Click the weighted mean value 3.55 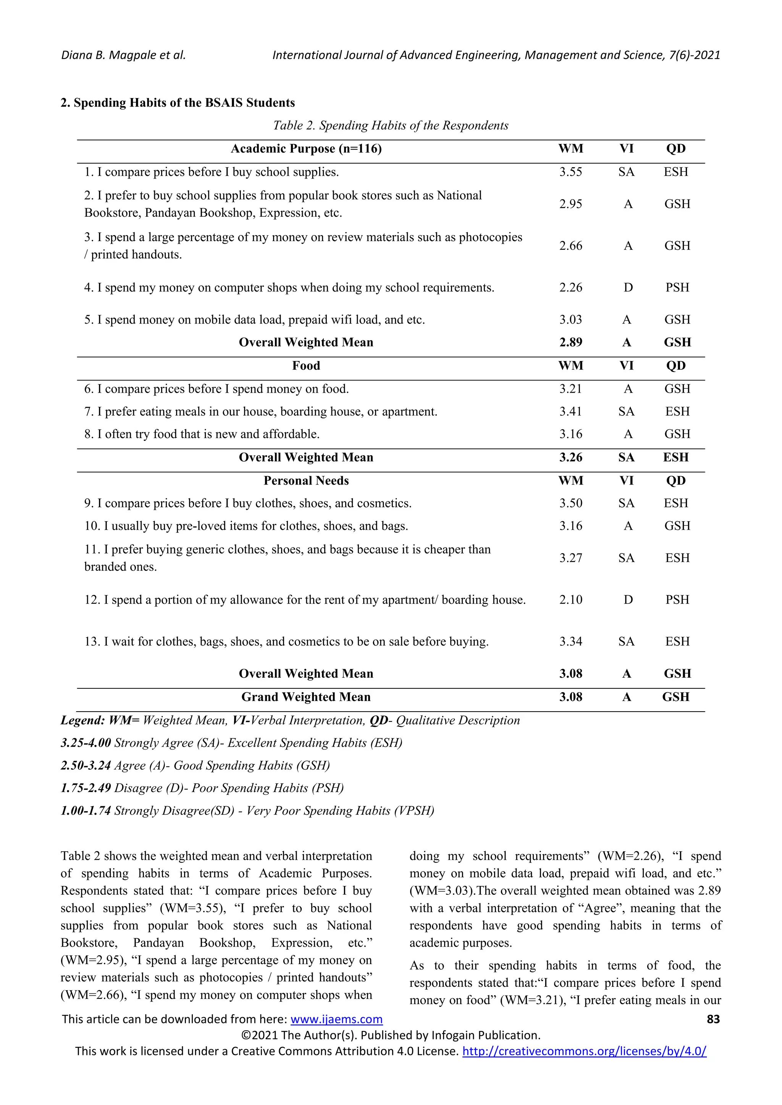point(570,172)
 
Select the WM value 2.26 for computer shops point(570,287)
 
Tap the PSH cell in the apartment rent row point(677,600)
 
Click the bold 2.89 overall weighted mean point(570,342)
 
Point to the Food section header point(306,366)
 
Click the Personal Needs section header point(306,480)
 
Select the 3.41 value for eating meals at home point(570,411)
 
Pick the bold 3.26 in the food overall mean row point(570,457)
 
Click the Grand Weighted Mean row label point(306,697)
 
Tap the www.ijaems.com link point(336,1019)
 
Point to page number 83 point(713,1019)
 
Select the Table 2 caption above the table point(391,126)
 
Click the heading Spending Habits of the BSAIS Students point(178,103)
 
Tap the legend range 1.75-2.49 point(86,788)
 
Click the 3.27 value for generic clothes point(570,558)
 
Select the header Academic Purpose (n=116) point(306,149)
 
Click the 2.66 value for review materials point(570,246)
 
